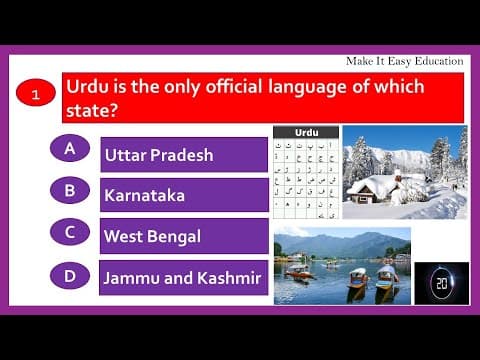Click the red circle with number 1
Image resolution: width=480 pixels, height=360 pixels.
[x=36, y=96]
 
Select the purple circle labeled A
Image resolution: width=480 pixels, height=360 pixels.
[x=70, y=149]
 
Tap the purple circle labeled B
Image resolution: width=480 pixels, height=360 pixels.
[x=70, y=190]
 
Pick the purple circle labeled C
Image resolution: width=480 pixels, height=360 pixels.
[x=70, y=231]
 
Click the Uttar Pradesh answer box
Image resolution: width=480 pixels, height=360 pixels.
[x=184, y=155]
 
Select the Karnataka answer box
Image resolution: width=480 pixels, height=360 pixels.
[x=184, y=196]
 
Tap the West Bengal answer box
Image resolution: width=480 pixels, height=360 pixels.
[x=184, y=237]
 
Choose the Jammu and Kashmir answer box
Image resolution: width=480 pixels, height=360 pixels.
[x=184, y=277]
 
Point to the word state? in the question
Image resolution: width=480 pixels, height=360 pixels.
[x=92, y=110]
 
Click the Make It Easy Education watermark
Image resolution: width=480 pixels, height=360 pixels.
[x=404, y=61]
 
